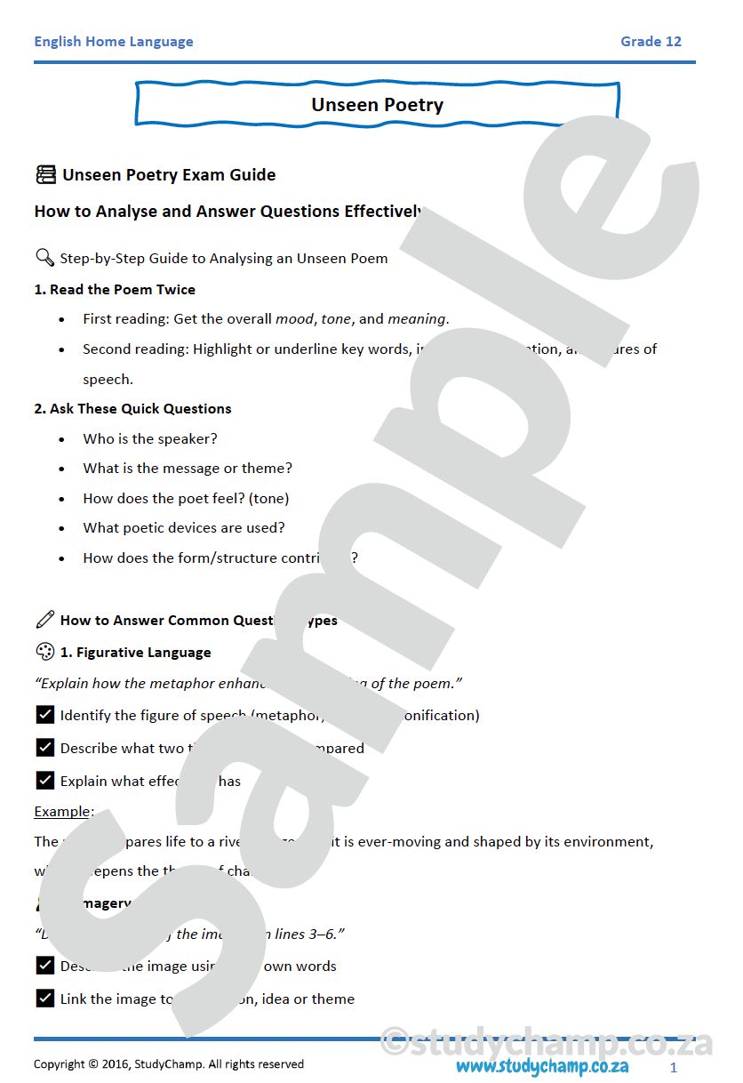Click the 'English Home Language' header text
(x=113, y=42)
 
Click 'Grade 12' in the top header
(x=651, y=42)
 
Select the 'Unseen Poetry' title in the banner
(x=377, y=105)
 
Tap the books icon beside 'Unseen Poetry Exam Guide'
(x=45, y=174)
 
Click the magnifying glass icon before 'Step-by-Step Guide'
(x=44, y=258)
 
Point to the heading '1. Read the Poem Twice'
(x=115, y=289)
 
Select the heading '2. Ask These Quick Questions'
(x=132, y=409)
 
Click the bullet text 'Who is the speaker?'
(x=150, y=438)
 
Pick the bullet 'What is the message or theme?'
(x=188, y=469)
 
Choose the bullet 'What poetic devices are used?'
(x=184, y=528)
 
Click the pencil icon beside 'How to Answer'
(x=44, y=620)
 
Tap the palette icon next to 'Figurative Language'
(x=44, y=652)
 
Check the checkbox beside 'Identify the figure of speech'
(x=45, y=714)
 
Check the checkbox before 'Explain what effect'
(x=45, y=780)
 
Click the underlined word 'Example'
(x=62, y=811)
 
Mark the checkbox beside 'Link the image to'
(x=45, y=998)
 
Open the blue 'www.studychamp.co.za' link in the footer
(x=542, y=1066)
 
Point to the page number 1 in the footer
(x=674, y=1066)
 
